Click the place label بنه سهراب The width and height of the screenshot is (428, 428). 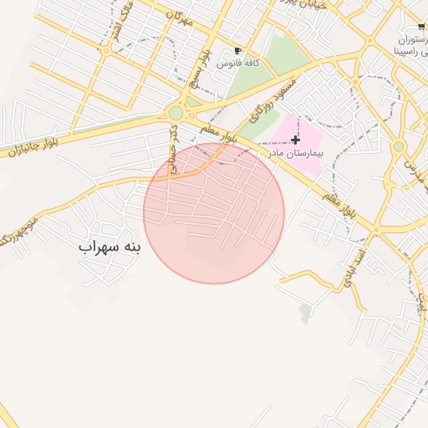pyautogui.click(x=110, y=247)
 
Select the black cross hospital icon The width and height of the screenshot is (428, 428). pyautogui.click(x=295, y=140)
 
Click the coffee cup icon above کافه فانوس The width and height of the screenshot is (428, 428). pyautogui.click(x=238, y=50)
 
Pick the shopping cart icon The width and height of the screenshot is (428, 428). pyautogui.click(x=421, y=26)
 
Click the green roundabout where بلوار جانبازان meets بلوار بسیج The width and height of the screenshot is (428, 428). pyautogui.click(x=176, y=113)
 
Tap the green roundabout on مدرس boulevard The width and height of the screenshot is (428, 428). pyautogui.click(x=399, y=146)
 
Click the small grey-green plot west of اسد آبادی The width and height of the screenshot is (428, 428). pyautogui.click(x=305, y=313)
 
